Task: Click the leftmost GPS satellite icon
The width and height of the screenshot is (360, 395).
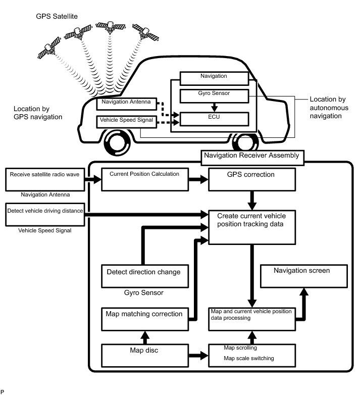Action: pyautogui.click(x=49, y=50)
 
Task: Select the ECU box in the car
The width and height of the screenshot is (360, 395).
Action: pyautogui.click(x=215, y=119)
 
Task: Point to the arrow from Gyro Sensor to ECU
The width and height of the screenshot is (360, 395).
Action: pyautogui.click(x=215, y=107)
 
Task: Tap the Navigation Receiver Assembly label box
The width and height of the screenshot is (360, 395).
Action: pyautogui.click(x=252, y=156)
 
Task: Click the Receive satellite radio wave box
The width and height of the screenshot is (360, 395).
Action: pyautogui.click(x=45, y=179)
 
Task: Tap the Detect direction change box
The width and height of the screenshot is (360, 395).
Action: pyautogui.click(x=143, y=275)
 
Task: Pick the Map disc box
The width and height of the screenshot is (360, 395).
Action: pyautogui.click(x=144, y=355)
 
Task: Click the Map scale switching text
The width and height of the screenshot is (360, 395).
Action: pyautogui.click(x=248, y=359)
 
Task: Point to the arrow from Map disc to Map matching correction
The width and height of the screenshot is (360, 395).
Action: pyautogui.click(x=145, y=336)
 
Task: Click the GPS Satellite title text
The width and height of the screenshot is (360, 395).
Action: pyautogui.click(x=57, y=16)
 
